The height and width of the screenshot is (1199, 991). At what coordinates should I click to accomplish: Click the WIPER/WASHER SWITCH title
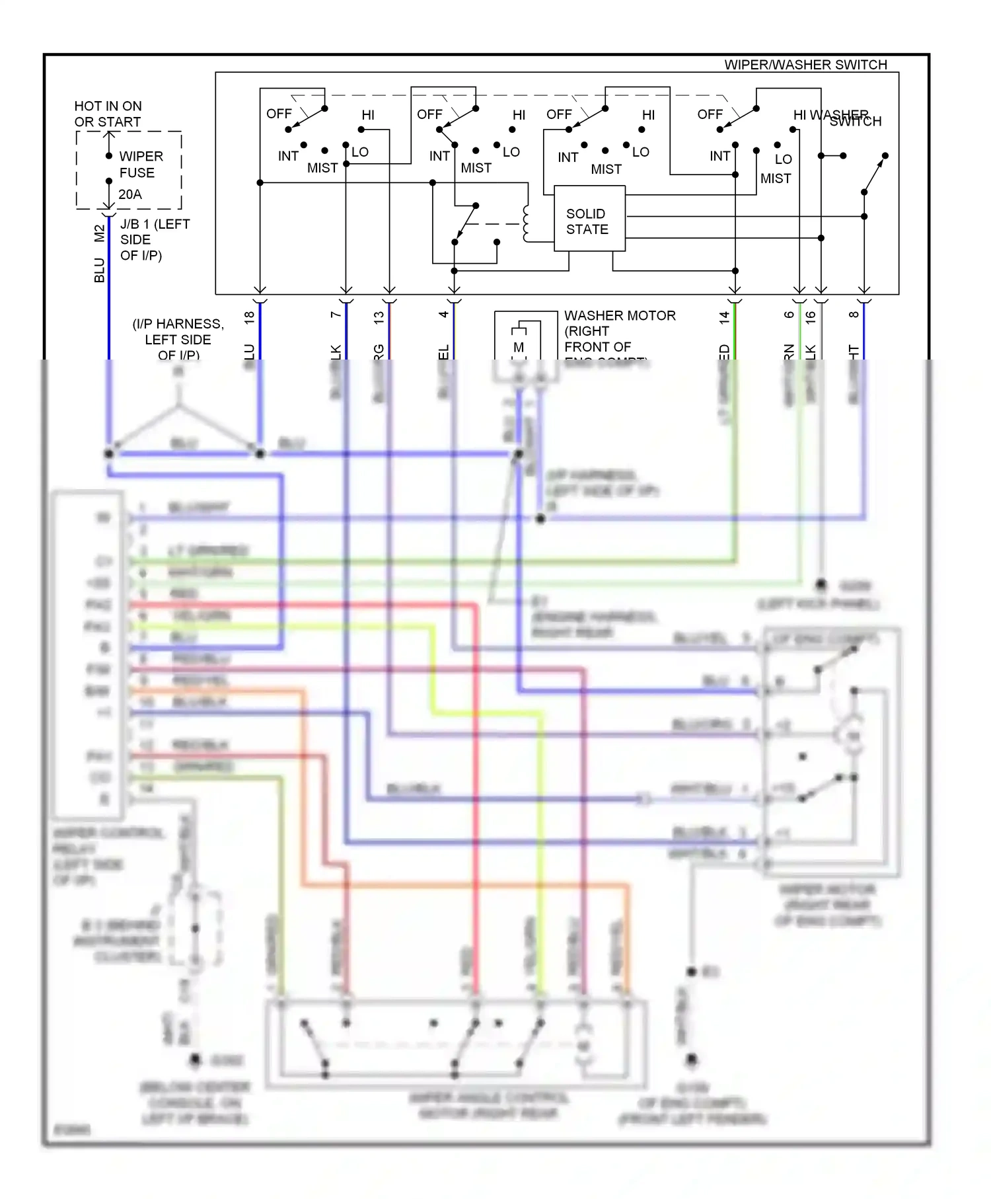[x=805, y=65]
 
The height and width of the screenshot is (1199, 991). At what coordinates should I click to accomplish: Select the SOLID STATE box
[x=589, y=219]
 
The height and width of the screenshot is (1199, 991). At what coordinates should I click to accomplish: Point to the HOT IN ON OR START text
[x=108, y=114]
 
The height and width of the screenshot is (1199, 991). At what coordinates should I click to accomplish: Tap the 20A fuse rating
[x=130, y=194]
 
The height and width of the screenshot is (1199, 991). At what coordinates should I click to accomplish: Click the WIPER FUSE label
[x=140, y=165]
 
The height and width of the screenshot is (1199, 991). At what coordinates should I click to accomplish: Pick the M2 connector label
[x=99, y=233]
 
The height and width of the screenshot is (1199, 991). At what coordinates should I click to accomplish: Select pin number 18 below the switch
[x=249, y=317]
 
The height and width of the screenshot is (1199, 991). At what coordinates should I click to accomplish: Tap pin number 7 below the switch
[x=336, y=315]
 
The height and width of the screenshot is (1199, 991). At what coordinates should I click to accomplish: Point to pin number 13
[x=379, y=317]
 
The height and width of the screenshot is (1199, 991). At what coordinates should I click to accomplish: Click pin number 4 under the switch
[x=444, y=315]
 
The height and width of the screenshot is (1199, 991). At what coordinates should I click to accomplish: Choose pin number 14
[x=725, y=317]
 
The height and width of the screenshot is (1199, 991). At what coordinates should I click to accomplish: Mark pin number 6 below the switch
[x=789, y=315]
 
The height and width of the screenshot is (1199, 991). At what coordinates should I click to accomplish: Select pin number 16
[x=811, y=317]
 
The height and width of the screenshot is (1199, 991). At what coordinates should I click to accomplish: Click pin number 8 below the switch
[x=854, y=315]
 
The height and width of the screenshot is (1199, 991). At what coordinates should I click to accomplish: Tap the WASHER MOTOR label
[x=619, y=316]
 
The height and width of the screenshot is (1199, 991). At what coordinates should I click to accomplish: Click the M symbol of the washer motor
[x=519, y=347]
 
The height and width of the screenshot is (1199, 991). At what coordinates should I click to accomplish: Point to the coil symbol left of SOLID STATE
[x=527, y=223]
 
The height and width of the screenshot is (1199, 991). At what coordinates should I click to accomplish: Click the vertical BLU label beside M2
[x=99, y=270]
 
